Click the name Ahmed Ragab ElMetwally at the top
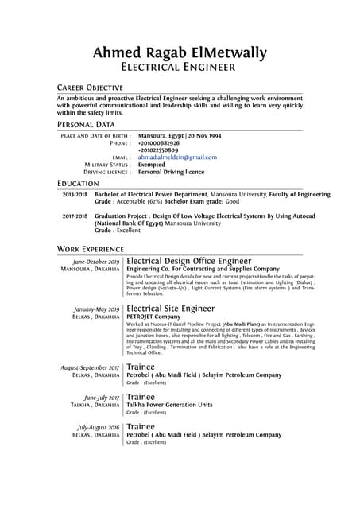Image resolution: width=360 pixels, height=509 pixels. pyautogui.click(x=180, y=52)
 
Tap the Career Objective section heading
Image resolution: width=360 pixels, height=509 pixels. pyautogui.click(x=90, y=87)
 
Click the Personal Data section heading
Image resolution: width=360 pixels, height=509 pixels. pyautogui.click(x=86, y=125)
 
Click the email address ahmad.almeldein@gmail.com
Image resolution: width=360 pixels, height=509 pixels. pyautogui.click(x=177, y=157)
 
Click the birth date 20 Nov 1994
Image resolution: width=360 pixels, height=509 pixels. pyautogui.click(x=204, y=136)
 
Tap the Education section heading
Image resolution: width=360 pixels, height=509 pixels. pyautogui.click(x=78, y=184)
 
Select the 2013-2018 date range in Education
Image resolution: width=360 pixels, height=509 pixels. pyautogui.click(x=75, y=194)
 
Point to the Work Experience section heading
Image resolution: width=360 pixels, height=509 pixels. pyautogui.click(x=93, y=249)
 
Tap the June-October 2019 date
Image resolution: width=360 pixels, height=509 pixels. pyautogui.click(x=96, y=262)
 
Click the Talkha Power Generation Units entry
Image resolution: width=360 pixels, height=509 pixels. pyautogui.click(x=170, y=405)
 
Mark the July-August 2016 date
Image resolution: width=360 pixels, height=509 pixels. pyautogui.click(x=99, y=426)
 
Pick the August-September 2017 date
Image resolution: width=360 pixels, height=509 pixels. pyautogui.click(x=91, y=367)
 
